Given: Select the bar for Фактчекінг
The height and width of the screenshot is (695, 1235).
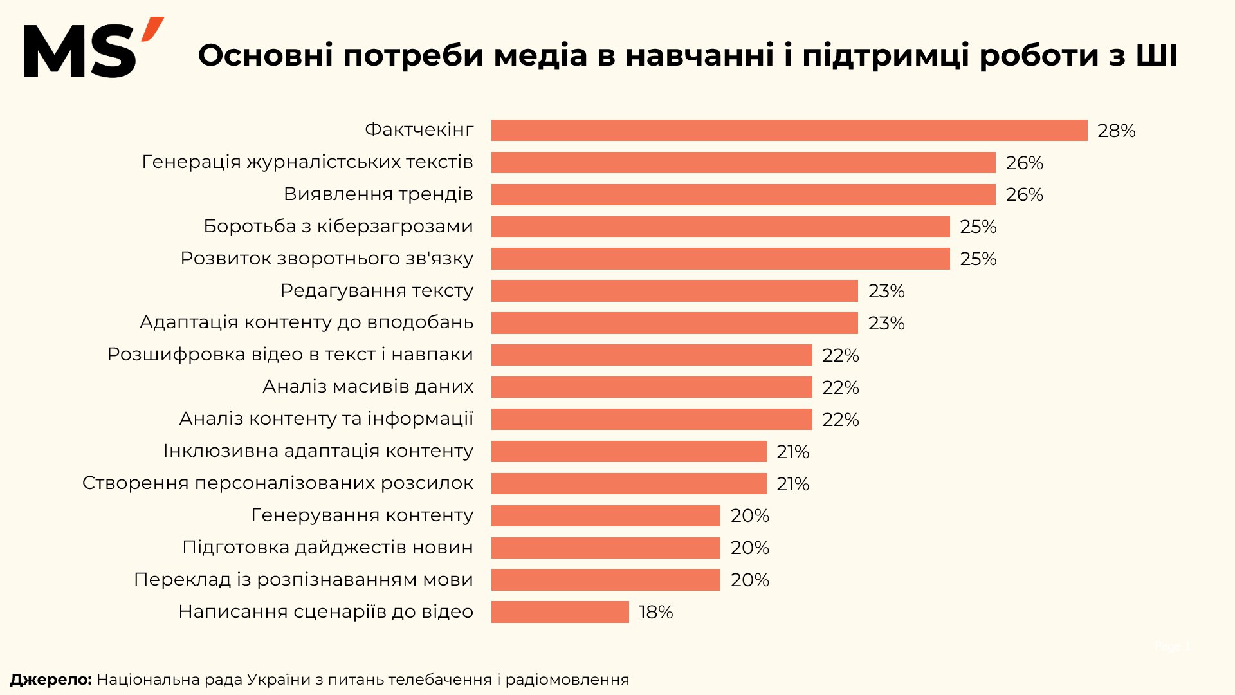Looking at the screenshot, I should pos(789,130).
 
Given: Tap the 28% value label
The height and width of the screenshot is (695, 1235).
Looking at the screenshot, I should pos(1116,131).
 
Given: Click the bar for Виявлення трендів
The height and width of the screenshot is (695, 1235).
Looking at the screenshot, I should pos(743,194).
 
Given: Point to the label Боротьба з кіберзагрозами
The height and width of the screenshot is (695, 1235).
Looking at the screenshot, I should pos(338,227).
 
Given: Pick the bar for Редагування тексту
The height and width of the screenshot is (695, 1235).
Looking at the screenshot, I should pos(674,291).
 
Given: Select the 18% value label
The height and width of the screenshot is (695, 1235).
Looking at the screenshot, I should pos(655,612).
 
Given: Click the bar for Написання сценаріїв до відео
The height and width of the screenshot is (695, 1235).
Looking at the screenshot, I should pos(560,612).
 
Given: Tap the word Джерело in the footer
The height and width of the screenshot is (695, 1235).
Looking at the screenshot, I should pos(51,680).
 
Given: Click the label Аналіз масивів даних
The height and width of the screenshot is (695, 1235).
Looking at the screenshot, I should pos(368,387).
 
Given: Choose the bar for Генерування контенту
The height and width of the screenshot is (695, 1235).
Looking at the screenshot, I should pos(605,515).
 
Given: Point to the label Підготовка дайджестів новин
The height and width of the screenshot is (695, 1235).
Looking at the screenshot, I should pos(327,548).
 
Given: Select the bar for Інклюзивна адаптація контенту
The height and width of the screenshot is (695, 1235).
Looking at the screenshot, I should pos(628,451).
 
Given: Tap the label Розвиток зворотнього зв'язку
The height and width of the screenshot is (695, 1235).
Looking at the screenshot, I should pos(327,259).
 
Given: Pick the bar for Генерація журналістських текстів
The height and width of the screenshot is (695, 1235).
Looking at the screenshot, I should pos(743,162).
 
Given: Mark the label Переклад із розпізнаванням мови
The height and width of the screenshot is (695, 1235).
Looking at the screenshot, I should pos(303,580).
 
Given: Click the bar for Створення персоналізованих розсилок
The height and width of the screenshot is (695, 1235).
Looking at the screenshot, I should pos(628,483).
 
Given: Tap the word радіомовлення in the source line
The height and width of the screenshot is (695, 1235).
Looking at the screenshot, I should pos(567,680).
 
